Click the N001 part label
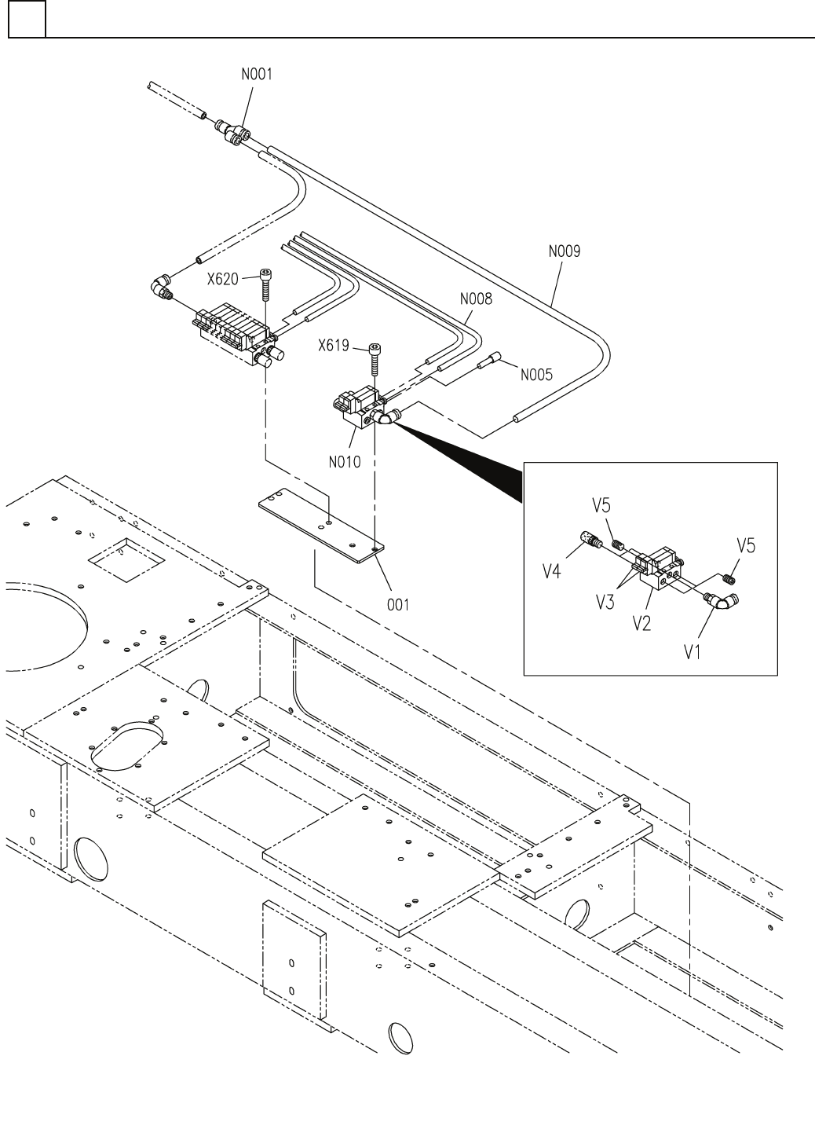(x=257, y=76)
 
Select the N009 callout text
(x=565, y=252)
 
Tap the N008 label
(x=476, y=299)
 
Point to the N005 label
(x=536, y=375)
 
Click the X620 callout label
(x=223, y=279)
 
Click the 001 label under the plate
(x=398, y=605)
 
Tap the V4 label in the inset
(x=554, y=571)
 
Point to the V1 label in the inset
(x=692, y=651)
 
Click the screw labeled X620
(x=267, y=287)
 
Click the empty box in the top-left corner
(x=27, y=20)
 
